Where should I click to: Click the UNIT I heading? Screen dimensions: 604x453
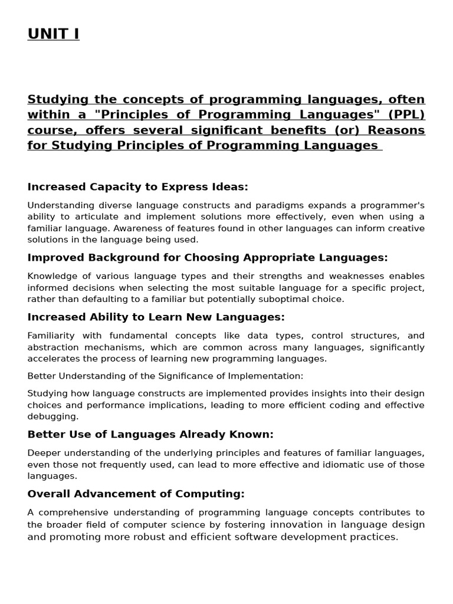[53, 35]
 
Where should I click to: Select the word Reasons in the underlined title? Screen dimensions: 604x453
[397, 130]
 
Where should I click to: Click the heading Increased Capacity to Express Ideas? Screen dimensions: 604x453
[137, 187]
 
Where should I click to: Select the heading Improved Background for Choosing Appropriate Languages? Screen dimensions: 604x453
[208, 258]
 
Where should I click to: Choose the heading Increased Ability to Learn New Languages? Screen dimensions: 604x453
[156, 317]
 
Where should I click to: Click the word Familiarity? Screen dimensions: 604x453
[51, 336]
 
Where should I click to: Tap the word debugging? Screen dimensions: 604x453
[52, 416]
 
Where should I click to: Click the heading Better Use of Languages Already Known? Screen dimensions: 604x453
[150, 435]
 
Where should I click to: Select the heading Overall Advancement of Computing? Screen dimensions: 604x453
[136, 494]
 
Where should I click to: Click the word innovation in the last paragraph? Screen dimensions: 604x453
[293, 525]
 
